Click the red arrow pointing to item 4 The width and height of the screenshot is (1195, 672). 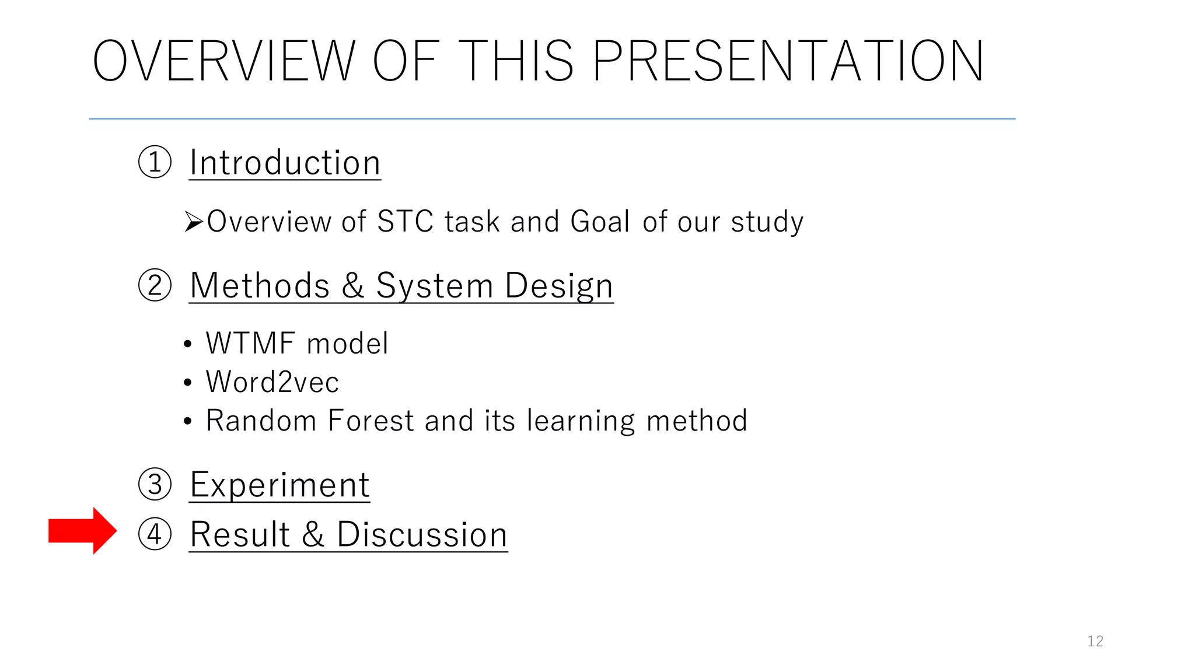[82, 531]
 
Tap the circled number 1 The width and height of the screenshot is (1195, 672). [155, 162]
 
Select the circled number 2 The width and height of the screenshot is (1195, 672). [155, 285]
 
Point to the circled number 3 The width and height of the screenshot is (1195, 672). [155, 484]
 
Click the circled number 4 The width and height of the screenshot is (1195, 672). [155, 534]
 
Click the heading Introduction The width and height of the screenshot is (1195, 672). [285, 162]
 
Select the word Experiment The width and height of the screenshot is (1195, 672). [279, 485]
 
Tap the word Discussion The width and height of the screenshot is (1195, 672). [422, 534]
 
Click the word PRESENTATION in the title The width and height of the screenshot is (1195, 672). [788, 61]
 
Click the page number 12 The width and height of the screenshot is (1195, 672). [1095, 641]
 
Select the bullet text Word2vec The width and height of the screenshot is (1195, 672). [272, 382]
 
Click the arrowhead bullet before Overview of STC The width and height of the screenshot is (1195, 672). [193, 222]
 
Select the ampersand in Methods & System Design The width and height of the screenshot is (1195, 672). [352, 285]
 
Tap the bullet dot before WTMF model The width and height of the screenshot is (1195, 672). [187, 344]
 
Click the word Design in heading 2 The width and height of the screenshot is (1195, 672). [558, 286]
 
